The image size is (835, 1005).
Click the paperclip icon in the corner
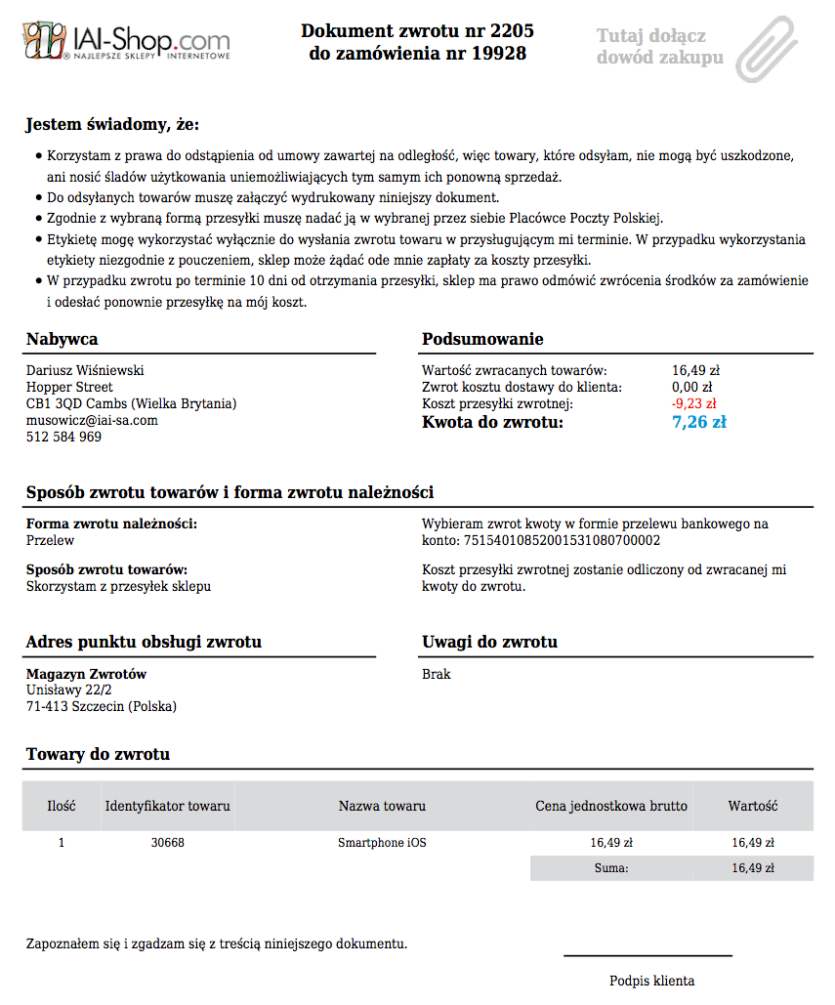click(x=768, y=47)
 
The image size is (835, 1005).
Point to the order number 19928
click(x=498, y=54)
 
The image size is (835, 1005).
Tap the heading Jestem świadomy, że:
click(x=112, y=124)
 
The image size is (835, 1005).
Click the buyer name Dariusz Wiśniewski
click(x=85, y=370)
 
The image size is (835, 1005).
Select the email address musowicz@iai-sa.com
click(x=92, y=420)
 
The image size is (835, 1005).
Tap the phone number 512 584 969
click(x=63, y=437)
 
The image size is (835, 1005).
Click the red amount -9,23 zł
click(x=693, y=403)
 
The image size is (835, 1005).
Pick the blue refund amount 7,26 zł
click(x=698, y=422)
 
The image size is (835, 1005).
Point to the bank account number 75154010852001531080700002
click(x=562, y=540)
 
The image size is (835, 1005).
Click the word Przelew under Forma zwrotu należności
click(x=50, y=540)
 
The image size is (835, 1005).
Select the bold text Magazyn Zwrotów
click(x=86, y=674)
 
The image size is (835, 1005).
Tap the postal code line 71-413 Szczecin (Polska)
click(x=102, y=706)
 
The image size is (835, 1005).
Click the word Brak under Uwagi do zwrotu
click(x=436, y=674)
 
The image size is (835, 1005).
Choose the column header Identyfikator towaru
click(x=168, y=806)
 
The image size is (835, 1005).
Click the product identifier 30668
click(x=168, y=842)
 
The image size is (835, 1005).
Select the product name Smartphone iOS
click(x=382, y=842)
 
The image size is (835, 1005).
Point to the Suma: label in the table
click(x=611, y=867)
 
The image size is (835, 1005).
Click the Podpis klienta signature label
click(x=651, y=981)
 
